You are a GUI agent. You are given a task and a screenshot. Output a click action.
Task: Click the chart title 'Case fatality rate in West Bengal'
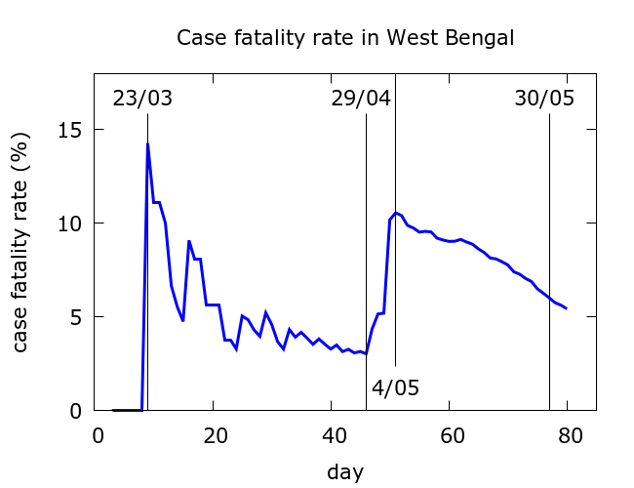344,38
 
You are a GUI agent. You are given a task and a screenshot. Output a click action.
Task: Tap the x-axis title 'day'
344,472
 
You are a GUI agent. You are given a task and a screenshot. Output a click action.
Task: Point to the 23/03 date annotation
142,99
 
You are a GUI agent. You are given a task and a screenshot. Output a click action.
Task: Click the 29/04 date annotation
360,99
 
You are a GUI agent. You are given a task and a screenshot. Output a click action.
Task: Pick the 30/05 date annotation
544,99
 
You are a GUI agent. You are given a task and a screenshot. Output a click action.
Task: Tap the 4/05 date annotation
395,387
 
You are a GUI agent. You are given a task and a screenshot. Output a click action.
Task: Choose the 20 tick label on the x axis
215,434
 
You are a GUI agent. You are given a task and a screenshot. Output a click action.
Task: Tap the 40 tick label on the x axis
333,434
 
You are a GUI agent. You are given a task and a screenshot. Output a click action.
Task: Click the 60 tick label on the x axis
450,434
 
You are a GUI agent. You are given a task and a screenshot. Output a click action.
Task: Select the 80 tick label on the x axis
568,434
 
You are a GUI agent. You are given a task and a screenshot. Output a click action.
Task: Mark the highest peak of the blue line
147,144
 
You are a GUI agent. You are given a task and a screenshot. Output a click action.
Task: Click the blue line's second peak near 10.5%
395,213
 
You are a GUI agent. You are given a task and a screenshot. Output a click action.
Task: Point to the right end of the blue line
566,308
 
